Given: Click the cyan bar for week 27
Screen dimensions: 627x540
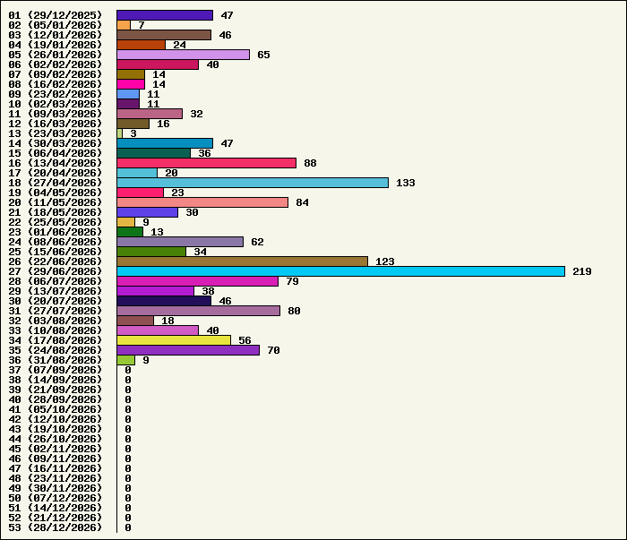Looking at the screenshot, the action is tap(340, 271).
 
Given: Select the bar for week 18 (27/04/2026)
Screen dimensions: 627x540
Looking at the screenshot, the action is tap(253, 183).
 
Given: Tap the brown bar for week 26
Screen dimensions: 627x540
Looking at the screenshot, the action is tap(243, 261).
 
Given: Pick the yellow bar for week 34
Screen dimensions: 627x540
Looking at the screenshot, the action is tap(174, 340).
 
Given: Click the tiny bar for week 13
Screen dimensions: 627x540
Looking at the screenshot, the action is tap(119, 133).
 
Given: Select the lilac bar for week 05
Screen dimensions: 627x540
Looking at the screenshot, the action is tap(183, 55).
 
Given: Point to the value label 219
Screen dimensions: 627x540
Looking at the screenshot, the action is tap(582, 271).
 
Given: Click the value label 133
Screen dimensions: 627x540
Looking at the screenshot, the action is tap(406, 183).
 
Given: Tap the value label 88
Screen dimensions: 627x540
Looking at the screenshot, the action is tap(310, 163).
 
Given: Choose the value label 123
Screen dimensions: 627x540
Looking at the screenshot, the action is tap(384, 261).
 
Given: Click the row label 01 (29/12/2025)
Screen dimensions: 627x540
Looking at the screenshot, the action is tap(56, 15).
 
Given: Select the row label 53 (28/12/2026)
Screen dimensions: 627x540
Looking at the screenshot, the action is tap(56, 527).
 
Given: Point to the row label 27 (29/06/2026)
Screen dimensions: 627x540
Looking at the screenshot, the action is tap(56, 271).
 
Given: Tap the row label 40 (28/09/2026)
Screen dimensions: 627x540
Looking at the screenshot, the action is tap(56, 399).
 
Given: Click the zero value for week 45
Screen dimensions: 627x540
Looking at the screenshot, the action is tap(128, 449).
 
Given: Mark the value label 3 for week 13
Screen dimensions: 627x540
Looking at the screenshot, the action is tap(133, 133).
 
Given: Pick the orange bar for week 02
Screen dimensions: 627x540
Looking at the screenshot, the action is tap(124, 25).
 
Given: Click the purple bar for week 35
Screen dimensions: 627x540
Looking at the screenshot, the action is tap(188, 350).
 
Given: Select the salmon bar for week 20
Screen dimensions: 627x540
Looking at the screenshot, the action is tap(202, 202).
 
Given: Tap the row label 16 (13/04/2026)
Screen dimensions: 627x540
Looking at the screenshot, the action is tap(56, 163).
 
